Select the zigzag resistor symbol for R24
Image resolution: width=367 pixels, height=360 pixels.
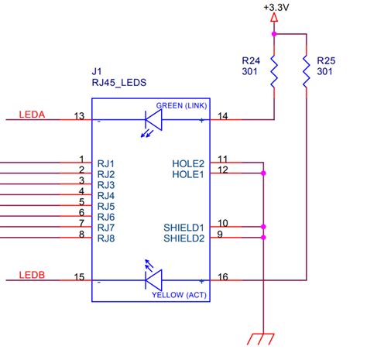[x=274, y=75]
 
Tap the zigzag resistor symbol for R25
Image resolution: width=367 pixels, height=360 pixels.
[x=307, y=75]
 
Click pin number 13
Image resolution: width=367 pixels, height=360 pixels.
[x=78, y=116]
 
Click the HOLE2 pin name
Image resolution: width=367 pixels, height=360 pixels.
[x=187, y=163]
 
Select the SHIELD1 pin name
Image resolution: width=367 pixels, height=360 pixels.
[x=183, y=228]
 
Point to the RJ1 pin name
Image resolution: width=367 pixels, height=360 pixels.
[x=106, y=163]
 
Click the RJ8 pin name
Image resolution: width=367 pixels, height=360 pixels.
[x=106, y=238]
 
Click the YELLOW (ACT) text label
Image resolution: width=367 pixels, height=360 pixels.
[x=180, y=295]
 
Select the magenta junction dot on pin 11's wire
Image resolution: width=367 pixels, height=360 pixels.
[x=264, y=173]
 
